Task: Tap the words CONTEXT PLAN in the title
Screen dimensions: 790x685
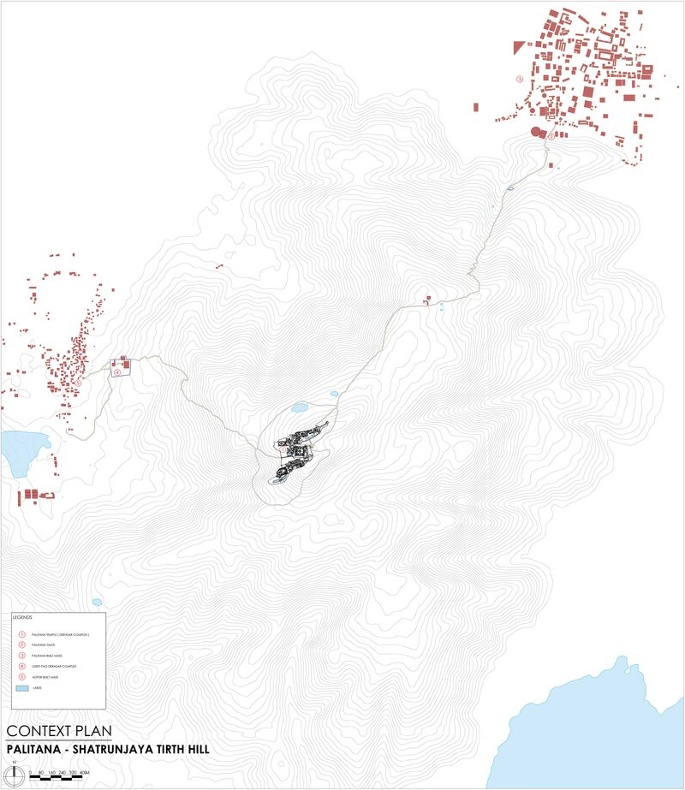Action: click(58, 732)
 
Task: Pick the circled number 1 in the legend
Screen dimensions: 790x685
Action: click(21, 634)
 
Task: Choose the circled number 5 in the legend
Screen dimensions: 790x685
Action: click(21, 675)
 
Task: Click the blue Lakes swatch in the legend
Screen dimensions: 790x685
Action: click(21, 687)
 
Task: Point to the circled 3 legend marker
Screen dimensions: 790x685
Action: click(21, 655)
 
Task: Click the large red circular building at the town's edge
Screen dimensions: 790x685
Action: click(537, 132)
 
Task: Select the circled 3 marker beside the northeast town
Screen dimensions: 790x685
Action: click(520, 78)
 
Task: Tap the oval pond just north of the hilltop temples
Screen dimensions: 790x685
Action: click(299, 408)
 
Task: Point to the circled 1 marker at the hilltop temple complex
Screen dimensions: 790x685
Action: click(283, 448)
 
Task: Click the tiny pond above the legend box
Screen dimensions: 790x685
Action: click(97, 602)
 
